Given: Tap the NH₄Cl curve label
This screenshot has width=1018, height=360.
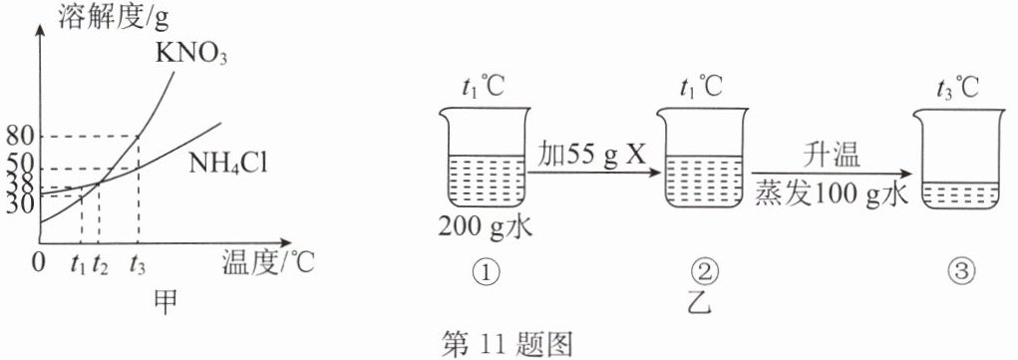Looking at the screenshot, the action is pyautogui.click(x=228, y=163).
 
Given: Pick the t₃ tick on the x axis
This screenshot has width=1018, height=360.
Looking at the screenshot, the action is pyautogui.click(x=138, y=264).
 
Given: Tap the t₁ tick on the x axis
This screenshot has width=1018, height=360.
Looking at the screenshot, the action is pyautogui.click(x=81, y=264).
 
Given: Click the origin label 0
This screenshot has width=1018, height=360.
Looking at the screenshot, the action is pyautogui.click(x=40, y=265).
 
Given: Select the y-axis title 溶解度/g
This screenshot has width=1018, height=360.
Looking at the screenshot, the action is pyautogui.click(x=113, y=18).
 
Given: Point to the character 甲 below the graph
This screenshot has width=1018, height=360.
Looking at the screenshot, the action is pyautogui.click(x=167, y=302).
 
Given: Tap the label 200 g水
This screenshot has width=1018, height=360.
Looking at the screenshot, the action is pyautogui.click(x=486, y=227).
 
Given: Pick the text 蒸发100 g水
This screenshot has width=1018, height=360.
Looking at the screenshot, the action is pyautogui.click(x=832, y=193).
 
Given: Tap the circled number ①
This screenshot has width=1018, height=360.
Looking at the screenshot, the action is pyautogui.click(x=487, y=272).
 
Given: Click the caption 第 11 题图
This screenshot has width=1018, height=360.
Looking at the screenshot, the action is pyautogui.click(x=508, y=342).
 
